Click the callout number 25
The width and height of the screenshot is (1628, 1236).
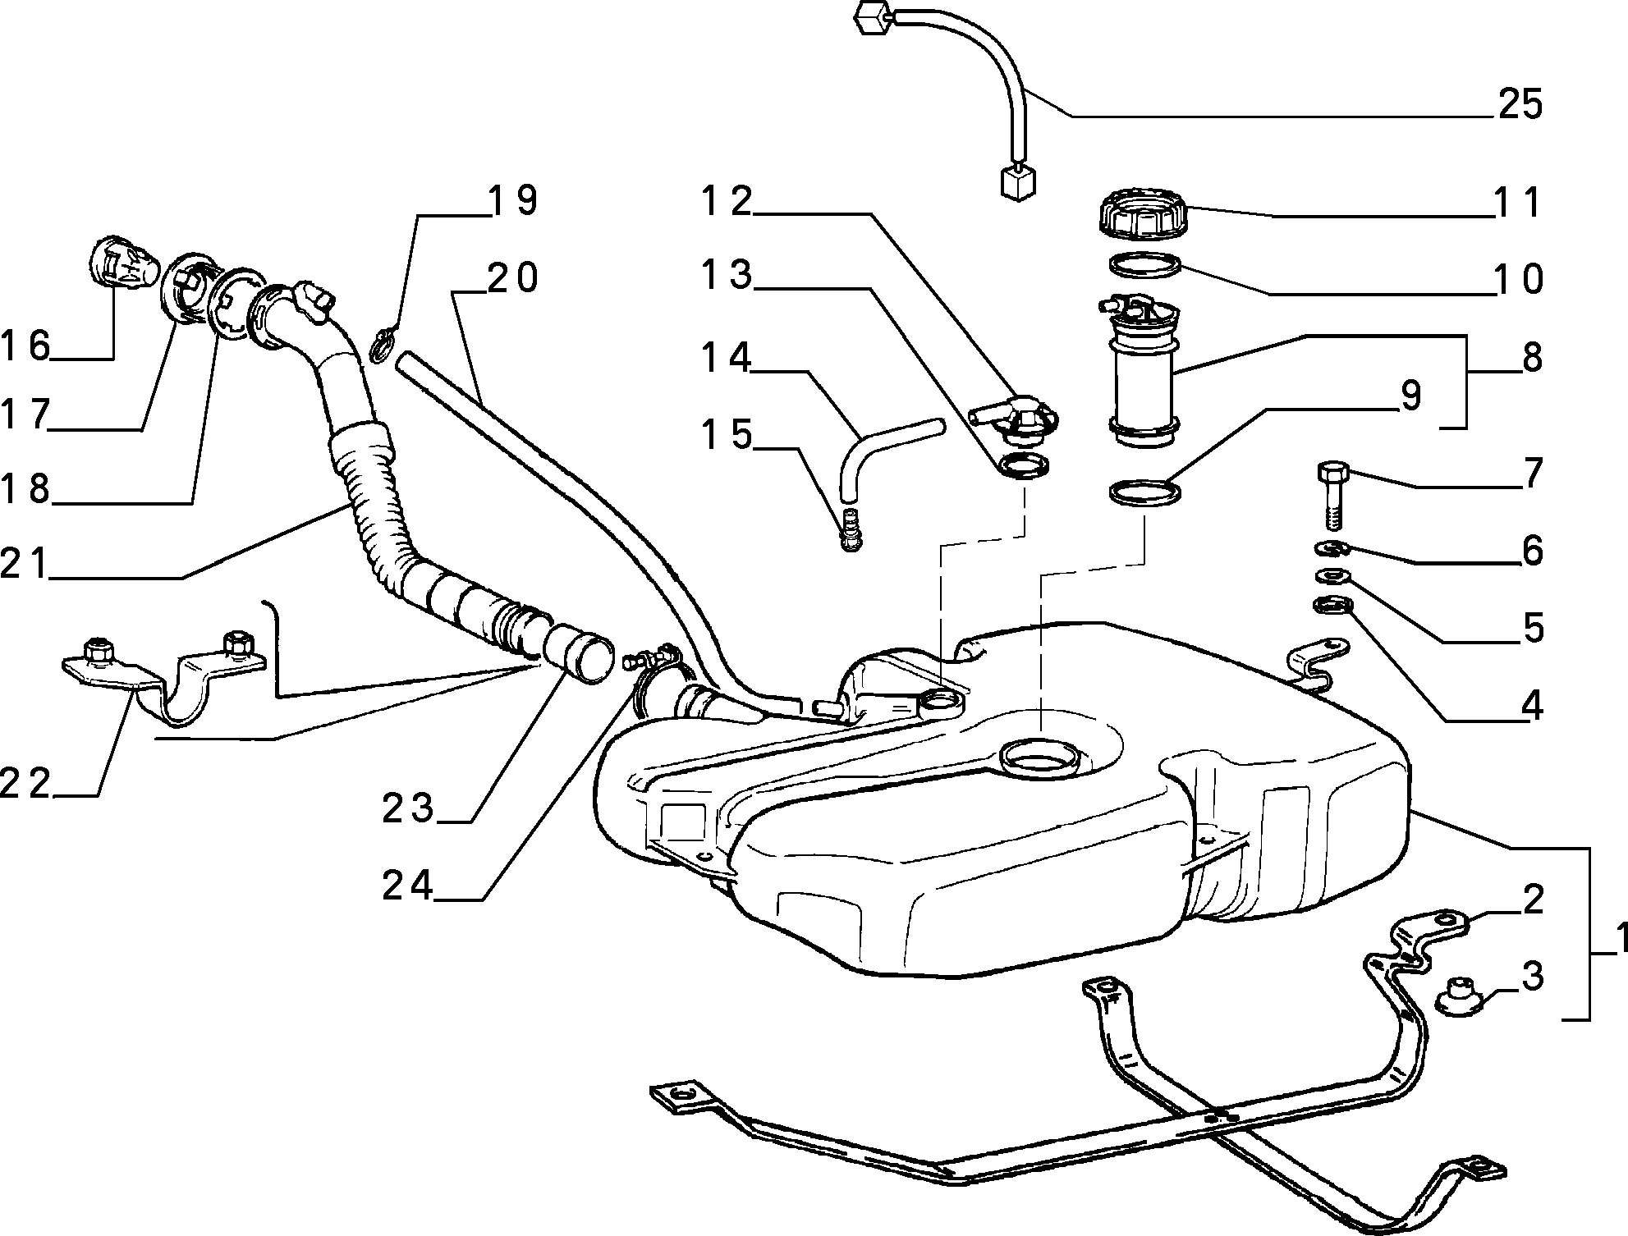click(1520, 105)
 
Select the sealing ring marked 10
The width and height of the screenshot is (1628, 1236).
click(1145, 265)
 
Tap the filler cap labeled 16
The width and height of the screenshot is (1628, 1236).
click(122, 263)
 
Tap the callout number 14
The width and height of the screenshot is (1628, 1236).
click(727, 357)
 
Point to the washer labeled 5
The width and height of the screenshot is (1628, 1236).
click(1333, 576)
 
